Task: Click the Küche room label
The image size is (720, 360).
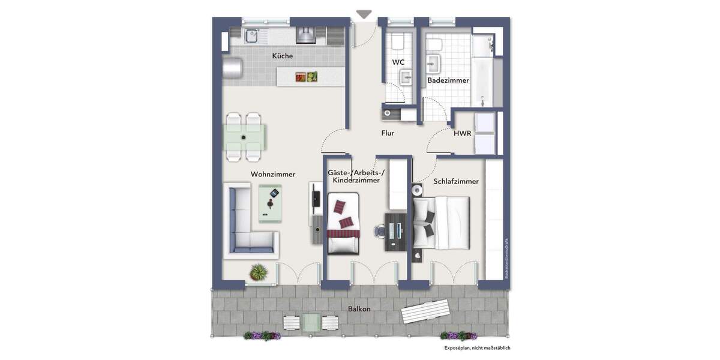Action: coord(282,56)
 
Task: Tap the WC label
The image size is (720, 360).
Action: coord(398,62)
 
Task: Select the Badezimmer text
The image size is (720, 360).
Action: coord(448,80)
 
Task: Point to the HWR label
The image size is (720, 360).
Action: coord(462,133)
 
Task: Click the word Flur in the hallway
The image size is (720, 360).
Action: coord(388,133)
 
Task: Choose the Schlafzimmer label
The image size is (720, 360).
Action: coord(455,181)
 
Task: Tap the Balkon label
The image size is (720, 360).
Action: coord(359,309)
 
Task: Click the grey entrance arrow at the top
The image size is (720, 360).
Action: coord(364,14)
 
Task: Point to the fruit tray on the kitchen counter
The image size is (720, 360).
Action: coord(306,76)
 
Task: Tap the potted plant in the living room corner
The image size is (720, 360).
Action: coord(259,273)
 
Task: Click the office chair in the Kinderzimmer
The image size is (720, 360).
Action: coord(379,230)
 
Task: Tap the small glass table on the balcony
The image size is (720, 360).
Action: coord(311,322)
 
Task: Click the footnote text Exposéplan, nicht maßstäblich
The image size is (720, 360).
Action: coord(477,347)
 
